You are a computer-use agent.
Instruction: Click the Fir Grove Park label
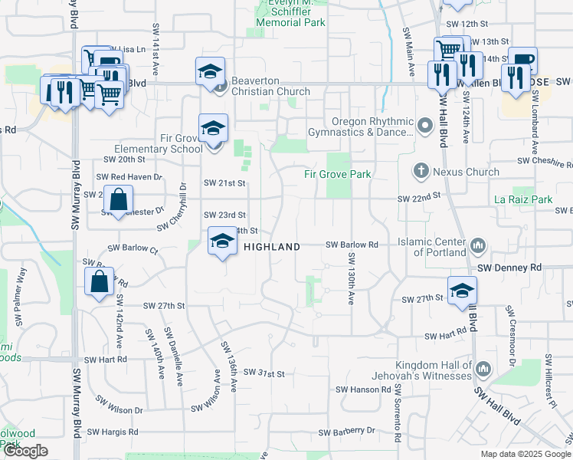338,174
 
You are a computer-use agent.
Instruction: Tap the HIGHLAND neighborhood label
272,247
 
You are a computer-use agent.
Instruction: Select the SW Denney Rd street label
509,268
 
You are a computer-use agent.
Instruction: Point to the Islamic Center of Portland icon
479,246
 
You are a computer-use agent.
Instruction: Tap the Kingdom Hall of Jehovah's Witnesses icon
483,370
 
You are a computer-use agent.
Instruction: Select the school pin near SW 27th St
463,291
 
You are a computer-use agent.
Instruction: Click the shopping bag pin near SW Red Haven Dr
120,201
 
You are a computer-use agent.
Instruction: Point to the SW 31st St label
264,373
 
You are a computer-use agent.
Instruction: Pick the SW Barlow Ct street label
133,248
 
